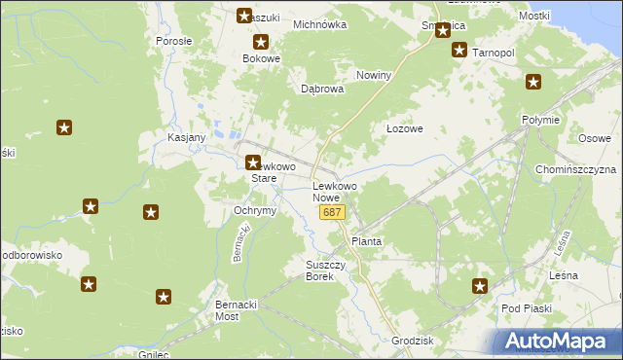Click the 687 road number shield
[x=332, y=212]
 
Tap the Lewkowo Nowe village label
[x=334, y=192]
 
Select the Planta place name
[x=366, y=241]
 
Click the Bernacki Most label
[x=240, y=310]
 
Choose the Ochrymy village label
[x=256, y=210]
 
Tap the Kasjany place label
[x=186, y=137]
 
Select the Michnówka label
[x=319, y=25]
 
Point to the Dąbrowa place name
[x=322, y=89]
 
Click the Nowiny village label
[x=374, y=75]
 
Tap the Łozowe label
[x=404, y=127]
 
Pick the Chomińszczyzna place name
[x=575, y=169]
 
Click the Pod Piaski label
[x=527, y=308]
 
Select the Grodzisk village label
[x=411, y=342]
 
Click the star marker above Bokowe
[x=261, y=43]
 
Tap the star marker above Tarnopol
[x=459, y=50]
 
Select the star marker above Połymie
[x=532, y=83]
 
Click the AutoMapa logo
[x=559, y=341]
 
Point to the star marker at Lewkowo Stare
[x=252, y=163]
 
